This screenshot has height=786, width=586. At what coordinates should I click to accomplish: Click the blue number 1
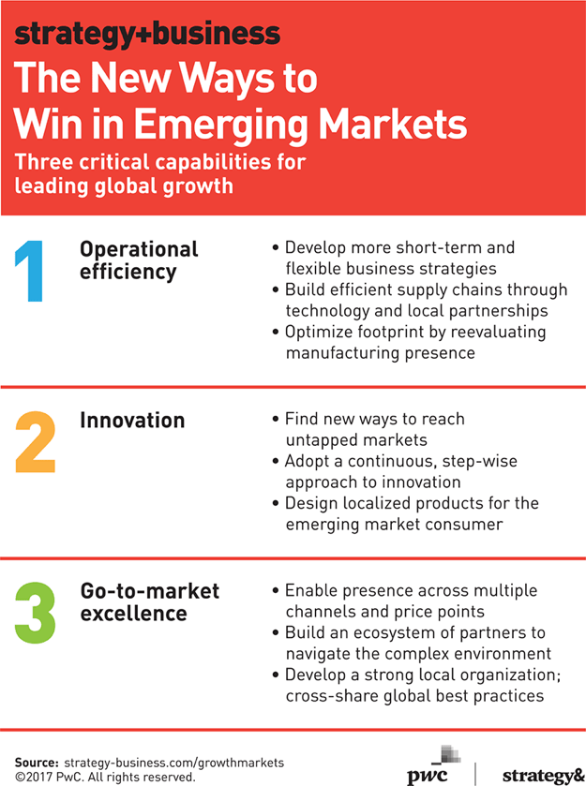pyautogui.click(x=31, y=271)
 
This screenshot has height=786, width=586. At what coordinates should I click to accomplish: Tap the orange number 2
pyautogui.click(x=35, y=442)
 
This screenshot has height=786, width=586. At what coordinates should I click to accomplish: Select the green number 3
pyautogui.click(x=35, y=613)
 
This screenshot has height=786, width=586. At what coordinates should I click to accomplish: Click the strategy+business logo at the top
pyautogui.click(x=147, y=34)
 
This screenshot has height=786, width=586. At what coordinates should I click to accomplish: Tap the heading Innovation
pyautogui.click(x=132, y=420)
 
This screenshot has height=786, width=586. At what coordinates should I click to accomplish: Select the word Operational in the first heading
pyautogui.click(x=139, y=249)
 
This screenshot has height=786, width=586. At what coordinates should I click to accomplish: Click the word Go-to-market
pyautogui.click(x=150, y=591)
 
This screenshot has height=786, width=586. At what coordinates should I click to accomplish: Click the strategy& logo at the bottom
pyautogui.click(x=543, y=776)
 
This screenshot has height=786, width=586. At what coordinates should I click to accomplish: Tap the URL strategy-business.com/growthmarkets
pyautogui.click(x=174, y=763)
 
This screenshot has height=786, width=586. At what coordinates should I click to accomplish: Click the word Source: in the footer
pyautogui.click(x=38, y=763)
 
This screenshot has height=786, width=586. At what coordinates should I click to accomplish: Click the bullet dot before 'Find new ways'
pyautogui.click(x=276, y=419)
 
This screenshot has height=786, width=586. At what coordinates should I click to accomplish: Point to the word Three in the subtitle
pyautogui.click(x=44, y=162)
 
